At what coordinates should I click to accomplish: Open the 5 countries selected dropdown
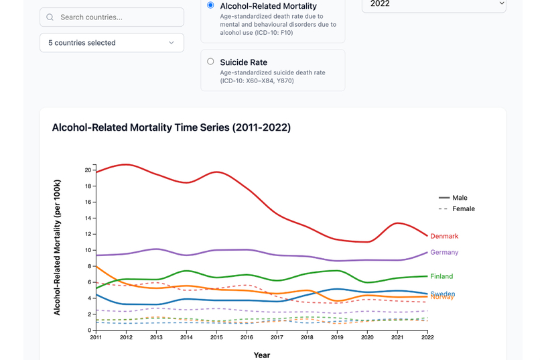(x=112, y=43)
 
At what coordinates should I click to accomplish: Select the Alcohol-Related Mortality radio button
(x=210, y=5)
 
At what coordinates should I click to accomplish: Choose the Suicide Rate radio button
(x=210, y=62)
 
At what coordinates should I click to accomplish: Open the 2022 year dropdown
(x=433, y=4)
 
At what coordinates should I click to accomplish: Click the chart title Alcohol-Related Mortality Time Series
(x=172, y=127)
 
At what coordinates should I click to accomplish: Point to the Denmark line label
(x=444, y=236)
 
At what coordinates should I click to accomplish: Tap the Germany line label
(x=444, y=253)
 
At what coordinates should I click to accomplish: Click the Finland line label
(x=442, y=276)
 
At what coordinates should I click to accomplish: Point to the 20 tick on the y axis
(x=88, y=170)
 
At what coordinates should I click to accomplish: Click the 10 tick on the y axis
(x=88, y=250)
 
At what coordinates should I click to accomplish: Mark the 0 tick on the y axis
(x=90, y=331)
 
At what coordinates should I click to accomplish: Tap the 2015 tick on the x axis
(x=216, y=338)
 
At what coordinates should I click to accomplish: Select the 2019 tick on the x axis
(x=337, y=338)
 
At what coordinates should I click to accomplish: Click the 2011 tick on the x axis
(x=96, y=338)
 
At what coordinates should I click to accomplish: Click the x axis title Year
(x=262, y=355)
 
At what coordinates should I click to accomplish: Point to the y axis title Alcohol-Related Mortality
(x=58, y=247)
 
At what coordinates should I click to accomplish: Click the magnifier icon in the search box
(x=50, y=17)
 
